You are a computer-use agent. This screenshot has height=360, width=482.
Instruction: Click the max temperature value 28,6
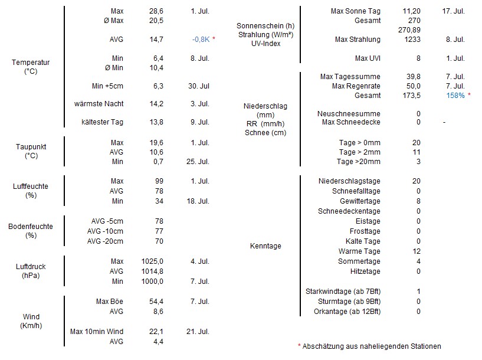[x=156, y=11]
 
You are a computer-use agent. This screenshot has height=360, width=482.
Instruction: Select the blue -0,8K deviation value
[x=201, y=39]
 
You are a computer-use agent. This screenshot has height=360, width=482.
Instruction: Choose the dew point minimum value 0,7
[x=158, y=161]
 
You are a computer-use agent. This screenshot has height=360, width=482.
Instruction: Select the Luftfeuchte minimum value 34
[x=159, y=201]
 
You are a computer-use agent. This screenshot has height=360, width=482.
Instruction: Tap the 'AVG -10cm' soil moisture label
[x=105, y=231]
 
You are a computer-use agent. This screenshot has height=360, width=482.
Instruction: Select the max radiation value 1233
[x=412, y=40]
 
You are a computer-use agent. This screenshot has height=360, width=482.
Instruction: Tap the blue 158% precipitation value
[x=455, y=96]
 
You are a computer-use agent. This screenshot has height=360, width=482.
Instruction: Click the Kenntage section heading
[x=265, y=246]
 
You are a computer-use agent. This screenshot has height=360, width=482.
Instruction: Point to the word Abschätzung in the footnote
[x=323, y=346]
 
